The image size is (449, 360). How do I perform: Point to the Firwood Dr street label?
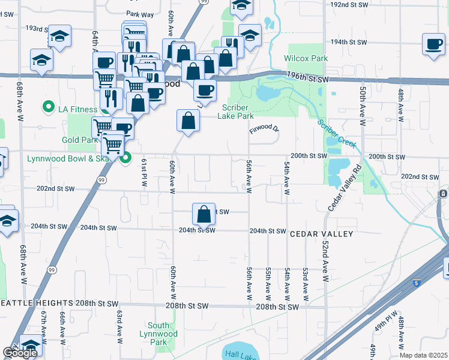pos(265,128)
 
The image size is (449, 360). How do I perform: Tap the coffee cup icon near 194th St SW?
pos(433,44)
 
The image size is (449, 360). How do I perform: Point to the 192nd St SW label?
pos(348,4)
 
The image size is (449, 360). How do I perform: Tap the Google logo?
pos(20,353)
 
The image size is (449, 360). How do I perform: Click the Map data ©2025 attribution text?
pos(424,355)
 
